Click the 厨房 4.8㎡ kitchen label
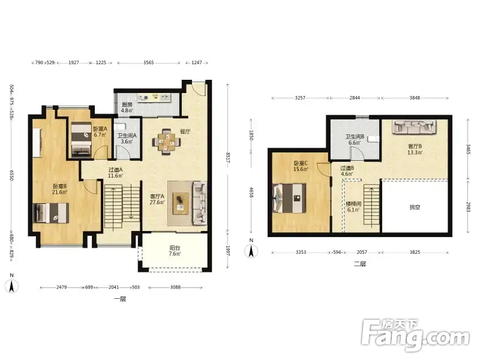[127, 107]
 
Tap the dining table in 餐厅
[167, 142]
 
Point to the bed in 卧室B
[51, 213]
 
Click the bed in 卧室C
[289, 198]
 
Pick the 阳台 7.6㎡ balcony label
[175, 251]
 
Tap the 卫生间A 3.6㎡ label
[127, 139]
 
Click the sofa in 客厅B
[415, 127]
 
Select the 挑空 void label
[415, 207]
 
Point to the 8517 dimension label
[229, 158]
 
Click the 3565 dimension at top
[149, 62]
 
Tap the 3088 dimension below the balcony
[175, 287]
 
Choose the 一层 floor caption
[120, 299]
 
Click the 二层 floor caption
[360, 263]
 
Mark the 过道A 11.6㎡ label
[115, 173]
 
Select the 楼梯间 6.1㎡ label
[353, 206]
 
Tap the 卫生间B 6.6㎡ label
[355, 140]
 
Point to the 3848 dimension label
[415, 98]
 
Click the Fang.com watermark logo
[416, 335]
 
